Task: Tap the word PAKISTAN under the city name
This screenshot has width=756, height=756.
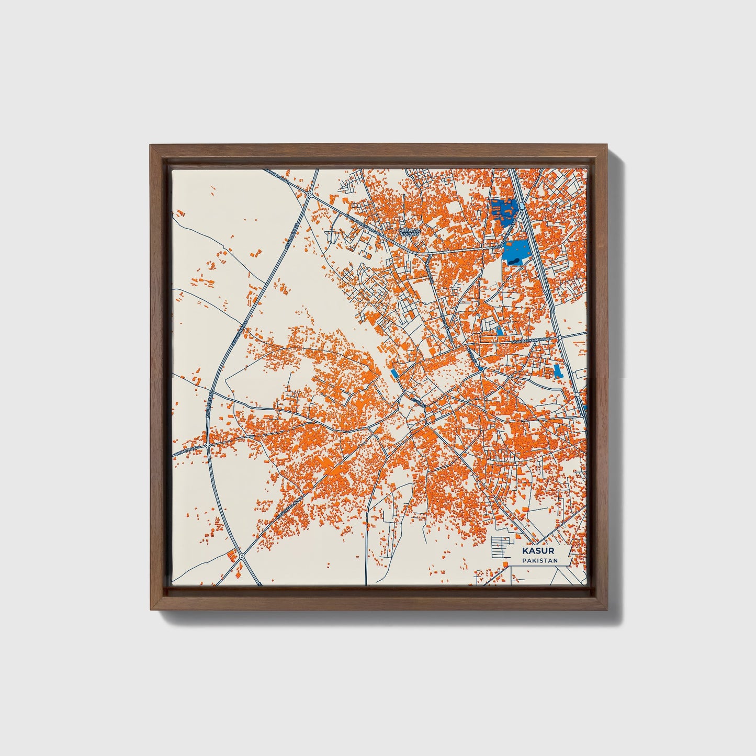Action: pos(539,561)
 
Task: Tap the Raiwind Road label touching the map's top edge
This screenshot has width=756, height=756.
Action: pos(277,174)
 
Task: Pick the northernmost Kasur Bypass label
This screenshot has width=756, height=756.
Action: pos(291,233)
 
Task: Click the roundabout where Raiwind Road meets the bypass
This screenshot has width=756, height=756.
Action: pos(310,194)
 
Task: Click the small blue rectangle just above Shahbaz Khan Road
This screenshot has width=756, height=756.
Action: pos(499,331)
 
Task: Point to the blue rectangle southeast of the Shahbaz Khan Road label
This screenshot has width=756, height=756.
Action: pos(557,371)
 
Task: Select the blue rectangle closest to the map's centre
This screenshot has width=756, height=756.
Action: pos(393,373)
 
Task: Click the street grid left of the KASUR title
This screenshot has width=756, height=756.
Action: pos(499,547)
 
